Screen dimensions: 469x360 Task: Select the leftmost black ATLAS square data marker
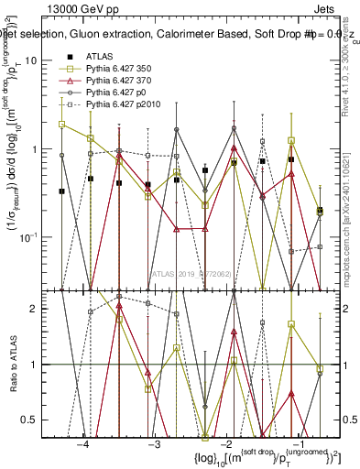pos(62,191)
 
